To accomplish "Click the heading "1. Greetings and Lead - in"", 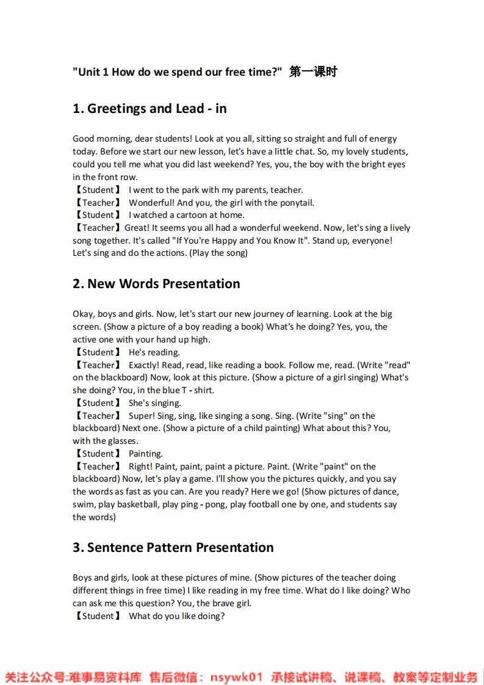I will (x=150, y=109).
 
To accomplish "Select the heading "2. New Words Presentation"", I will (x=156, y=284).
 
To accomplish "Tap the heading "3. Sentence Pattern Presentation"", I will (x=173, y=548).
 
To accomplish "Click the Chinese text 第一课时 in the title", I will (x=313, y=72).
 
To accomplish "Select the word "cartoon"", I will (x=190, y=215).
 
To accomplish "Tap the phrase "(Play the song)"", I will (x=219, y=253).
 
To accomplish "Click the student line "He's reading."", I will (x=154, y=352).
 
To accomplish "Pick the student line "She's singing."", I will (x=154, y=403).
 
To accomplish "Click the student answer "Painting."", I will (x=145, y=454).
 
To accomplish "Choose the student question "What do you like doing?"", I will (x=176, y=616).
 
